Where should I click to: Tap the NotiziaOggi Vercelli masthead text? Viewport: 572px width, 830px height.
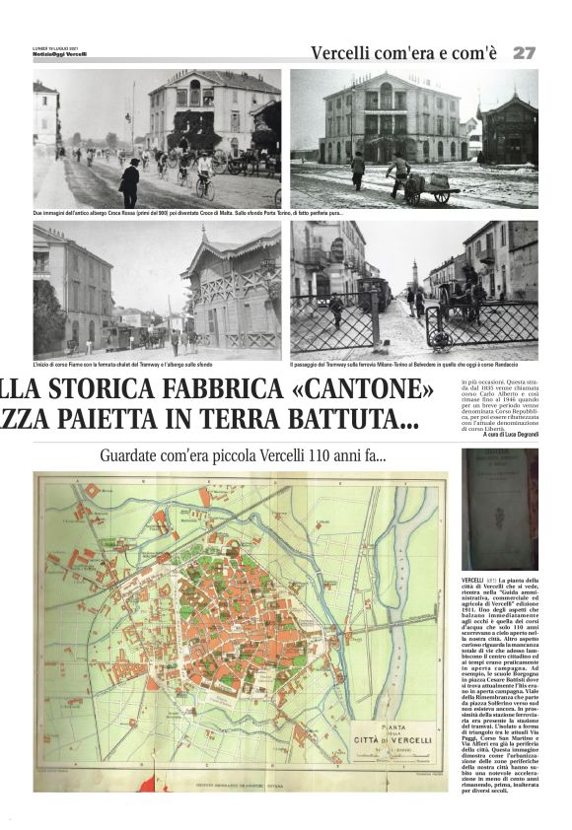tap(59, 53)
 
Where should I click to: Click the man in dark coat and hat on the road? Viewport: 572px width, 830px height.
tap(129, 182)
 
